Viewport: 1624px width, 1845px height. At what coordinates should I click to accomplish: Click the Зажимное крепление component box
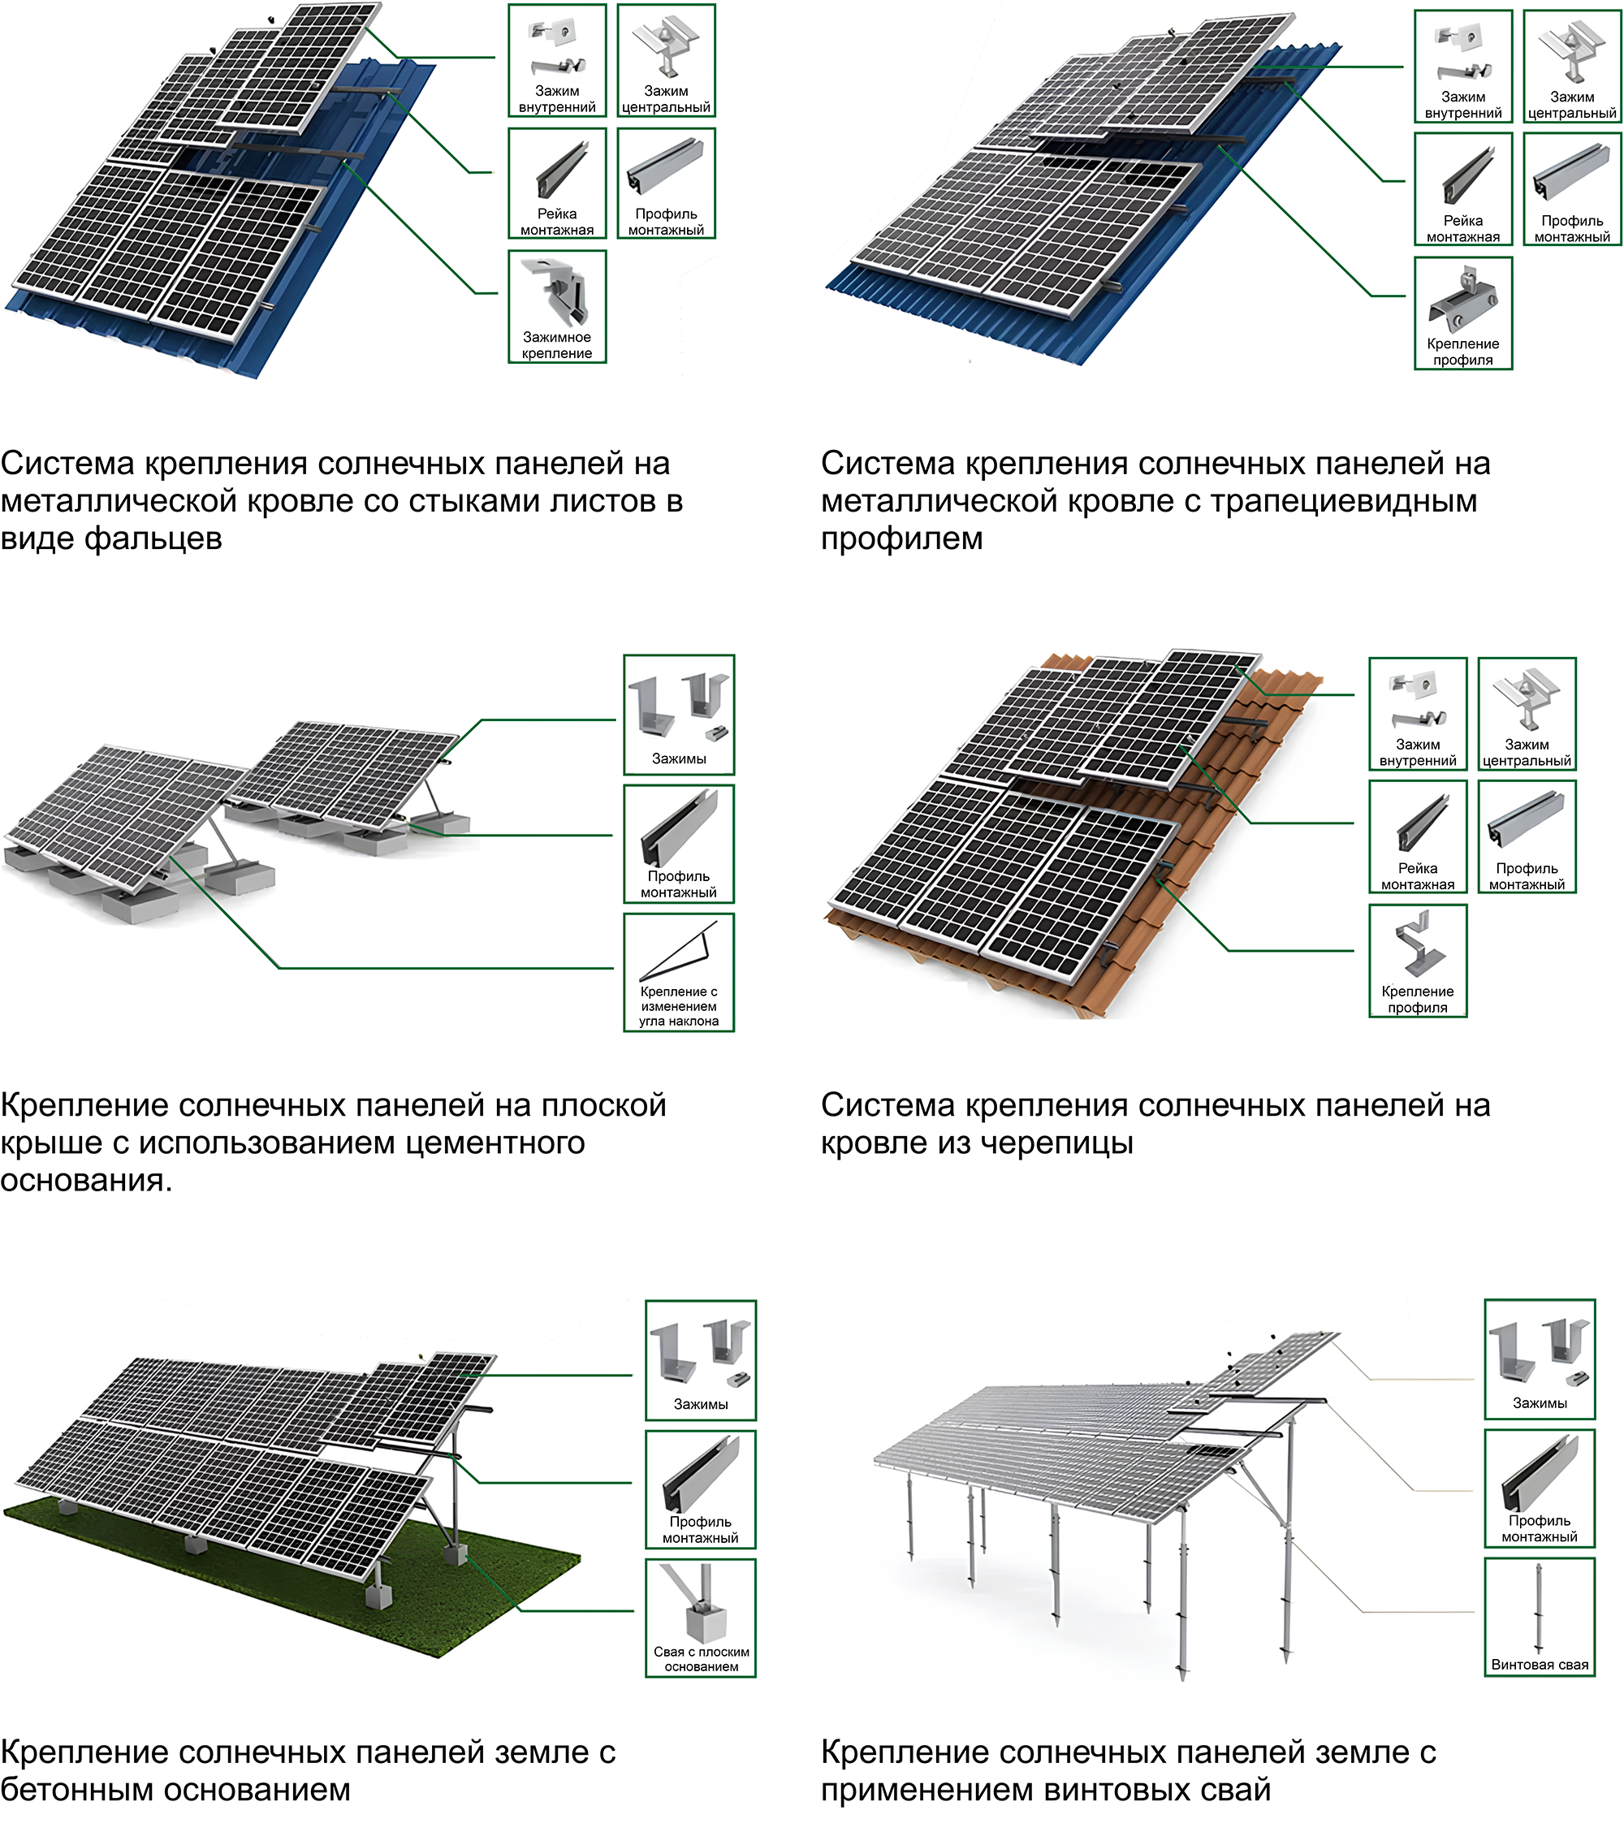557,307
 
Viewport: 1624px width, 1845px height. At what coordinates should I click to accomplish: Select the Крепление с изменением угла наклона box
679,972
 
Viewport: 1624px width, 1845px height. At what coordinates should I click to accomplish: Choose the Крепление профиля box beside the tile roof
1417,961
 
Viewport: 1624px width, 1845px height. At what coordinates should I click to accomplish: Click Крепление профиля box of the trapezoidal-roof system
1462,313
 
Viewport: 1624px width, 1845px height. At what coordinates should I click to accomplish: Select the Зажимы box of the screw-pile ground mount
1539,1359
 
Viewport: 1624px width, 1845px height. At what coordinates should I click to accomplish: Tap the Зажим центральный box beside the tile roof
1527,713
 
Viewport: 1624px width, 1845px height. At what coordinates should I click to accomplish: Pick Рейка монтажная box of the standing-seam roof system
557,184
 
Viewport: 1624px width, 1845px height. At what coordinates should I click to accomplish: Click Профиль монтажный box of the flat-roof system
679,843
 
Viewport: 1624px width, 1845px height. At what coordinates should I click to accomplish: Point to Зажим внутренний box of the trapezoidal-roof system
1462,66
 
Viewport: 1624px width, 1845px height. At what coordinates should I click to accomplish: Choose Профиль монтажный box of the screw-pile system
1539,1489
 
